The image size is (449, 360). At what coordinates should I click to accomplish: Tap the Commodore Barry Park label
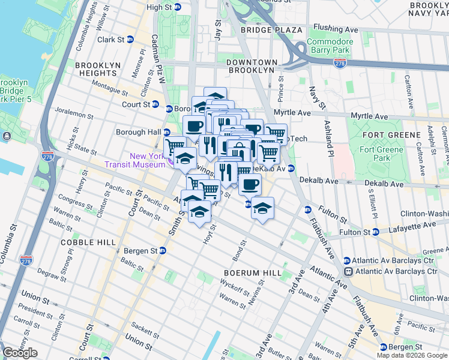330,46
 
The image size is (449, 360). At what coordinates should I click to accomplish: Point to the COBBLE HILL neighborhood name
87,242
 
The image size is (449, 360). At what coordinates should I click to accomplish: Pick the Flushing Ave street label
336,29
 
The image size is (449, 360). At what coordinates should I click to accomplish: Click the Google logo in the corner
20,353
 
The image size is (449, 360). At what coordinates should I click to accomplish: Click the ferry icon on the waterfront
7,136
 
